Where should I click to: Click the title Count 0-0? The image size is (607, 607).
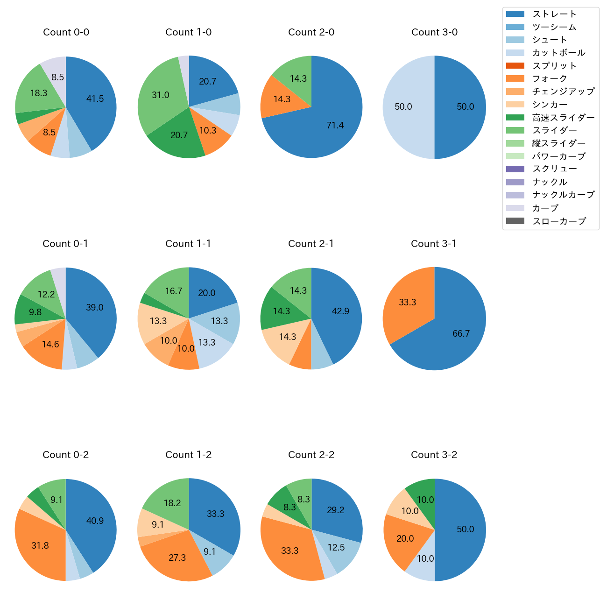[x=66, y=32]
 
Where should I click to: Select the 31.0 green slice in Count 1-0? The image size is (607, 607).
[x=161, y=96]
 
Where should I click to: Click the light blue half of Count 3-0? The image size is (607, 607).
[x=404, y=107]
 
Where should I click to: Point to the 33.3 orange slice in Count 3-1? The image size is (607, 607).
[x=408, y=303]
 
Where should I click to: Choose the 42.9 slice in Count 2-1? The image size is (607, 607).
[x=340, y=311]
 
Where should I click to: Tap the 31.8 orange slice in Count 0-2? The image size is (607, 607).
[x=40, y=545]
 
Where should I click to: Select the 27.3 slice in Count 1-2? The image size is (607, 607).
[x=177, y=558]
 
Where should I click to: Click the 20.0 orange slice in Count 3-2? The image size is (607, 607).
[x=405, y=538]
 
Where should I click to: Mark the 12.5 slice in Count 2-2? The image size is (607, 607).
[x=336, y=547]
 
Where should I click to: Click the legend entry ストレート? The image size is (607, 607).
[x=554, y=14]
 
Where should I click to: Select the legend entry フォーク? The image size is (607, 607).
[x=550, y=78]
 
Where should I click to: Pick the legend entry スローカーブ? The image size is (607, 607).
[x=559, y=221]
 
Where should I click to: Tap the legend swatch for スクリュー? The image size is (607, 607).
[x=515, y=169]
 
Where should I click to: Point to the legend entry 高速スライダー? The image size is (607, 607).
[x=563, y=118]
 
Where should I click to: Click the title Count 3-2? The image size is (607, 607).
[x=434, y=455]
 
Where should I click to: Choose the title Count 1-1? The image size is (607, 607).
[x=188, y=244]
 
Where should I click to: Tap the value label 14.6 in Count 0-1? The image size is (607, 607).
[x=50, y=345]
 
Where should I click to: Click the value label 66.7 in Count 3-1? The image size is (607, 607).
[x=461, y=333]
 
